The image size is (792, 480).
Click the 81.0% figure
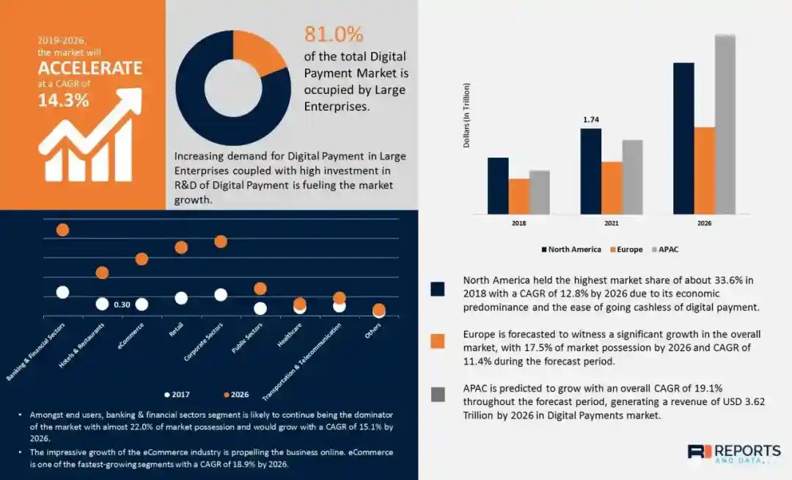pyautogui.click(x=334, y=34)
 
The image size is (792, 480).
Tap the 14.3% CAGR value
pyautogui.click(x=64, y=101)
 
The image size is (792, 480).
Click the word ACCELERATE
pyautogui.click(x=90, y=68)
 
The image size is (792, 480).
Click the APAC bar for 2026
pyautogui.click(x=725, y=124)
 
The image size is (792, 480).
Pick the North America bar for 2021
pyautogui.click(x=591, y=171)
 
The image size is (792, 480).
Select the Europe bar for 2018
pyautogui.click(x=518, y=196)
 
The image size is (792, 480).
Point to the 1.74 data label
pyautogui.click(x=591, y=119)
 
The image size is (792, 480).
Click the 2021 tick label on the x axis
pyautogui.click(x=611, y=223)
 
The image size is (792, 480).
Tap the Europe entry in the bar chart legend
pyautogui.click(x=626, y=250)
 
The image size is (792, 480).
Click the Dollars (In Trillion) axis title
pyautogui.click(x=466, y=115)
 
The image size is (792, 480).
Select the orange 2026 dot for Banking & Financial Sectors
pyautogui.click(x=62, y=230)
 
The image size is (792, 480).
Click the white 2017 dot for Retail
pyautogui.click(x=181, y=298)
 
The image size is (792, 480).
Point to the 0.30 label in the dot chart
pyautogui.click(x=122, y=305)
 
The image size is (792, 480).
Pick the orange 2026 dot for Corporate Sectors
pyautogui.click(x=221, y=241)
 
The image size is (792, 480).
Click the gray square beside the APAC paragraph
pyautogui.click(x=438, y=394)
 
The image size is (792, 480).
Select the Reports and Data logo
pyautogui.click(x=733, y=452)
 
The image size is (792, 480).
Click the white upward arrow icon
pyautogui.click(x=92, y=136)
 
